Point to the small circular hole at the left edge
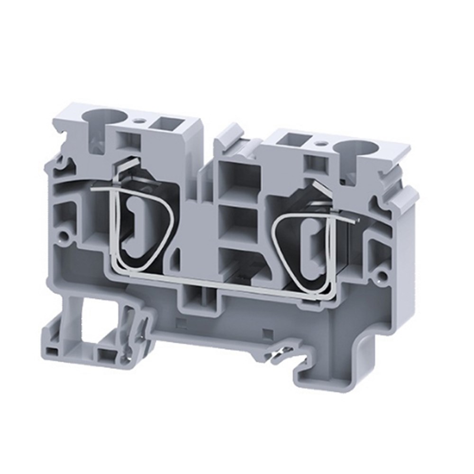[x=64, y=235]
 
